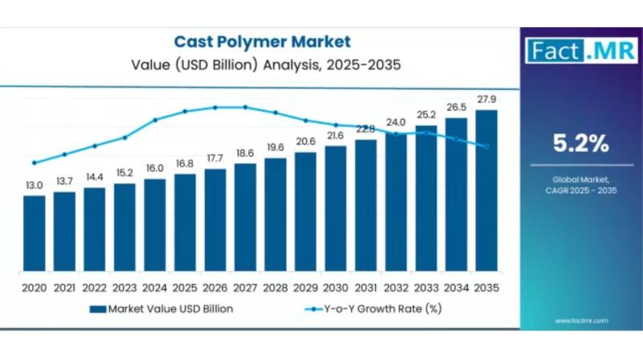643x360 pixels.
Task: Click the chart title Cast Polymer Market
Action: click(x=262, y=41)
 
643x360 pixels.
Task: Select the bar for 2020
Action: click(x=34, y=232)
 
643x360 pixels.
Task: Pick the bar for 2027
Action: click(x=245, y=216)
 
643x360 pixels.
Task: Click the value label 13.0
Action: click(x=34, y=186)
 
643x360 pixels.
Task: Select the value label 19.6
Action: click(x=276, y=147)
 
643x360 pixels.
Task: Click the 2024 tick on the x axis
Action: click(x=154, y=287)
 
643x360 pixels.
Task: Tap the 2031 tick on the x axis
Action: click(x=366, y=287)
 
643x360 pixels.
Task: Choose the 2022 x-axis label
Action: click(x=94, y=287)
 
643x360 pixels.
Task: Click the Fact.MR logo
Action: click(x=571, y=51)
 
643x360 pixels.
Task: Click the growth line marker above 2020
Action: click(x=34, y=162)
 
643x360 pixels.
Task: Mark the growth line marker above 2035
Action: click(x=486, y=146)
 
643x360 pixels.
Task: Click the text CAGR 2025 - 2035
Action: click(x=580, y=190)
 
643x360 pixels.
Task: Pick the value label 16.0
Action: click(x=154, y=168)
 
